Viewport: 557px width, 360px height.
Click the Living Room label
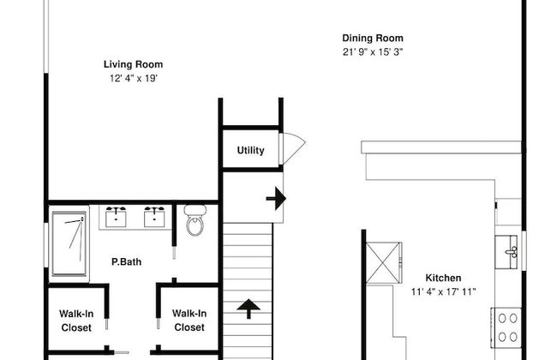click(x=133, y=64)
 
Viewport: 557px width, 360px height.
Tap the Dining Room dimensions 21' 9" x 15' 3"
click(x=373, y=52)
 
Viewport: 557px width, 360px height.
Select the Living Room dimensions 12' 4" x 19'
click(x=133, y=78)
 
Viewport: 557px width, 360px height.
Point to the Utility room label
click(x=250, y=150)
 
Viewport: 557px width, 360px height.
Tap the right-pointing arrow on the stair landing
click(x=276, y=198)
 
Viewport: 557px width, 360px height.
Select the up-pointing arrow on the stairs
click(x=249, y=309)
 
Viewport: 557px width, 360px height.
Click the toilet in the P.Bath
click(x=195, y=220)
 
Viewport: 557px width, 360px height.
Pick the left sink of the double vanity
click(x=116, y=216)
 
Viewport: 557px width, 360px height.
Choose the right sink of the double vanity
click(x=154, y=216)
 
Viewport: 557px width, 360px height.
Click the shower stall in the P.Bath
click(x=69, y=243)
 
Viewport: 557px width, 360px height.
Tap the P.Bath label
click(x=127, y=262)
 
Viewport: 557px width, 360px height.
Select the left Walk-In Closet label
click(x=76, y=321)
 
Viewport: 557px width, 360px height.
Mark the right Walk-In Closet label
click(x=189, y=321)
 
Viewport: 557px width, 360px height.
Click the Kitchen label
click(x=443, y=278)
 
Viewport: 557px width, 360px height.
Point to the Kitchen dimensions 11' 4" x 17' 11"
click(x=443, y=291)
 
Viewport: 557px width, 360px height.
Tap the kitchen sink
click(x=507, y=252)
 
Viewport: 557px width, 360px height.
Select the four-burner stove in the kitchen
click(x=507, y=327)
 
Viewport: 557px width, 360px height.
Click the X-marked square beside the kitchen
click(x=383, y=263)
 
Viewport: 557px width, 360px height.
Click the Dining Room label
click(x=373, y=38)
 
